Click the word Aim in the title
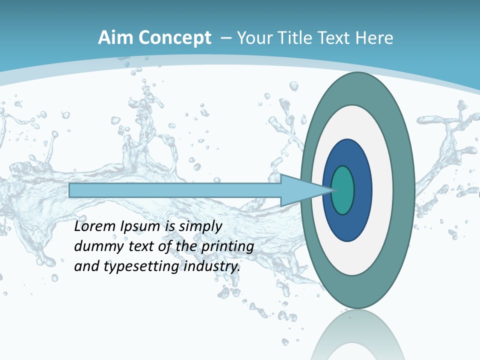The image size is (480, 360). coord(114,38)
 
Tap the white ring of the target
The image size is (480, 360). coord(382,190)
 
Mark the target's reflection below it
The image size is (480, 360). coord(357,335)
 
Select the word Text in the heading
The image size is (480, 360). coord(335,38)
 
